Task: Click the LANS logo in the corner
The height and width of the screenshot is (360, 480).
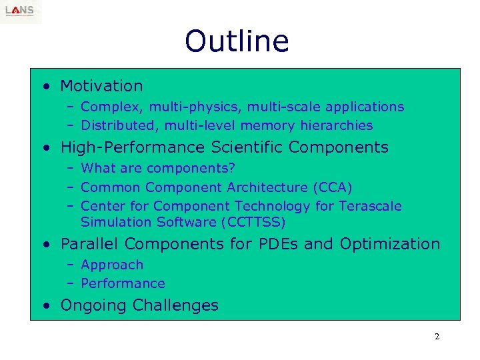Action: click(21, 11)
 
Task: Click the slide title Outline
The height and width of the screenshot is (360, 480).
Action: click(237, 41)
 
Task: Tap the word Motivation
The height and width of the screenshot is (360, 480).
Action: click(101, 86)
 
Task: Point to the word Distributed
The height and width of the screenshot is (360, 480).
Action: click(113, 125)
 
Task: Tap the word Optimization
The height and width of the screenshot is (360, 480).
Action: click(390, 244)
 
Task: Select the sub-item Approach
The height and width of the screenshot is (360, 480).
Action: click(112, 265)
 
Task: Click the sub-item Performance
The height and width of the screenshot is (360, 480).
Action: click(123, 283)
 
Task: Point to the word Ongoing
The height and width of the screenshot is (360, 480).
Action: click(94, 305)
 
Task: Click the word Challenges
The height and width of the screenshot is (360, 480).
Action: click(175, 305)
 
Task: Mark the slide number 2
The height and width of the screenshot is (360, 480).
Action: click(437, 337)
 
